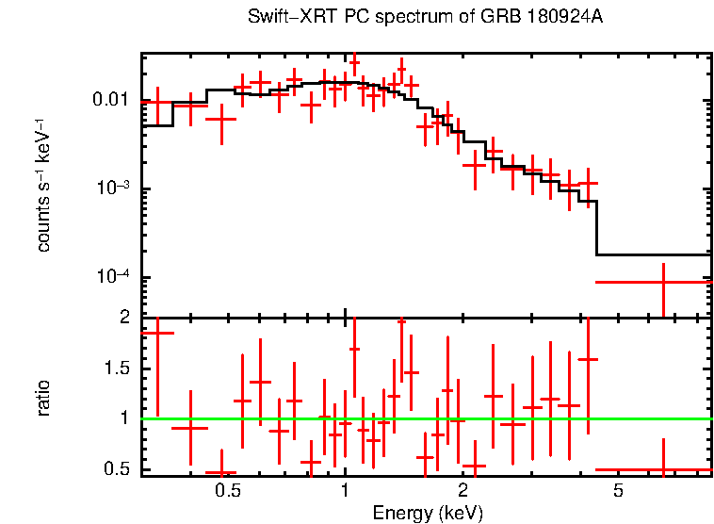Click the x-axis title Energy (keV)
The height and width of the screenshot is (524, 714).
(x=427, y=513)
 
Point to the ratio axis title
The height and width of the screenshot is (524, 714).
(x=43, y=397)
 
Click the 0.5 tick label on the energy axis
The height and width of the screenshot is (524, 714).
(x=227, y=491)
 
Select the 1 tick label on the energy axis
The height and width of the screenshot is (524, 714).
(x=345, y=491)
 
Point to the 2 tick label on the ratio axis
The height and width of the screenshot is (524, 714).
(x=123, y=318)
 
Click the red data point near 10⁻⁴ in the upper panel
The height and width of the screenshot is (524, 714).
(x=663, y=282)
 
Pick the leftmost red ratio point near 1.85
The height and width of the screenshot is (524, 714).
(x=156, y=333)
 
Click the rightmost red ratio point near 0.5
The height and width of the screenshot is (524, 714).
(x=663, y=469)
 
